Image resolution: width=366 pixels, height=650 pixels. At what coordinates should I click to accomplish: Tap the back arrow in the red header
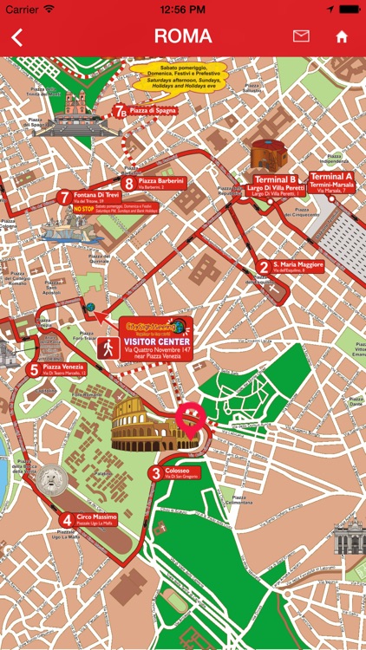coord(16,36)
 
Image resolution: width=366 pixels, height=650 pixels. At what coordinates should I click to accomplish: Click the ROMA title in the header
coord(182,36)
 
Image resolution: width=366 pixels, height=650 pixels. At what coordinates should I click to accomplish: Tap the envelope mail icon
coord(301,36)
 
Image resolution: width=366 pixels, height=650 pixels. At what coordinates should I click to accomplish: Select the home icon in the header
coord(342,37)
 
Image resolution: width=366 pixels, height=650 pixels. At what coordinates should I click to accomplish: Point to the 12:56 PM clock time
coord(182,9)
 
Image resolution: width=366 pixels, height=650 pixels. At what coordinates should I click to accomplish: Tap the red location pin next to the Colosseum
coord(190,419)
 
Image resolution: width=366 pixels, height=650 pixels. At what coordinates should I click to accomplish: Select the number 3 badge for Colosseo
coord(155,473)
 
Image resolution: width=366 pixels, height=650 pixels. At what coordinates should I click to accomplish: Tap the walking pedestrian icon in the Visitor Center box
coord(108,347)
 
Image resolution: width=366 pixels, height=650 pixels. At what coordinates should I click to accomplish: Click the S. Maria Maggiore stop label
coord(297,264)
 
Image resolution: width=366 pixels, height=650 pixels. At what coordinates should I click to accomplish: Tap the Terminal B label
coord(275,179)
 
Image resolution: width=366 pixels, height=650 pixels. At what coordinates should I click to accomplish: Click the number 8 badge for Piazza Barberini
coord(128,183)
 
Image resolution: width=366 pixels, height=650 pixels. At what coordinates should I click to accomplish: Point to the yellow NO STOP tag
coord(84,209)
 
